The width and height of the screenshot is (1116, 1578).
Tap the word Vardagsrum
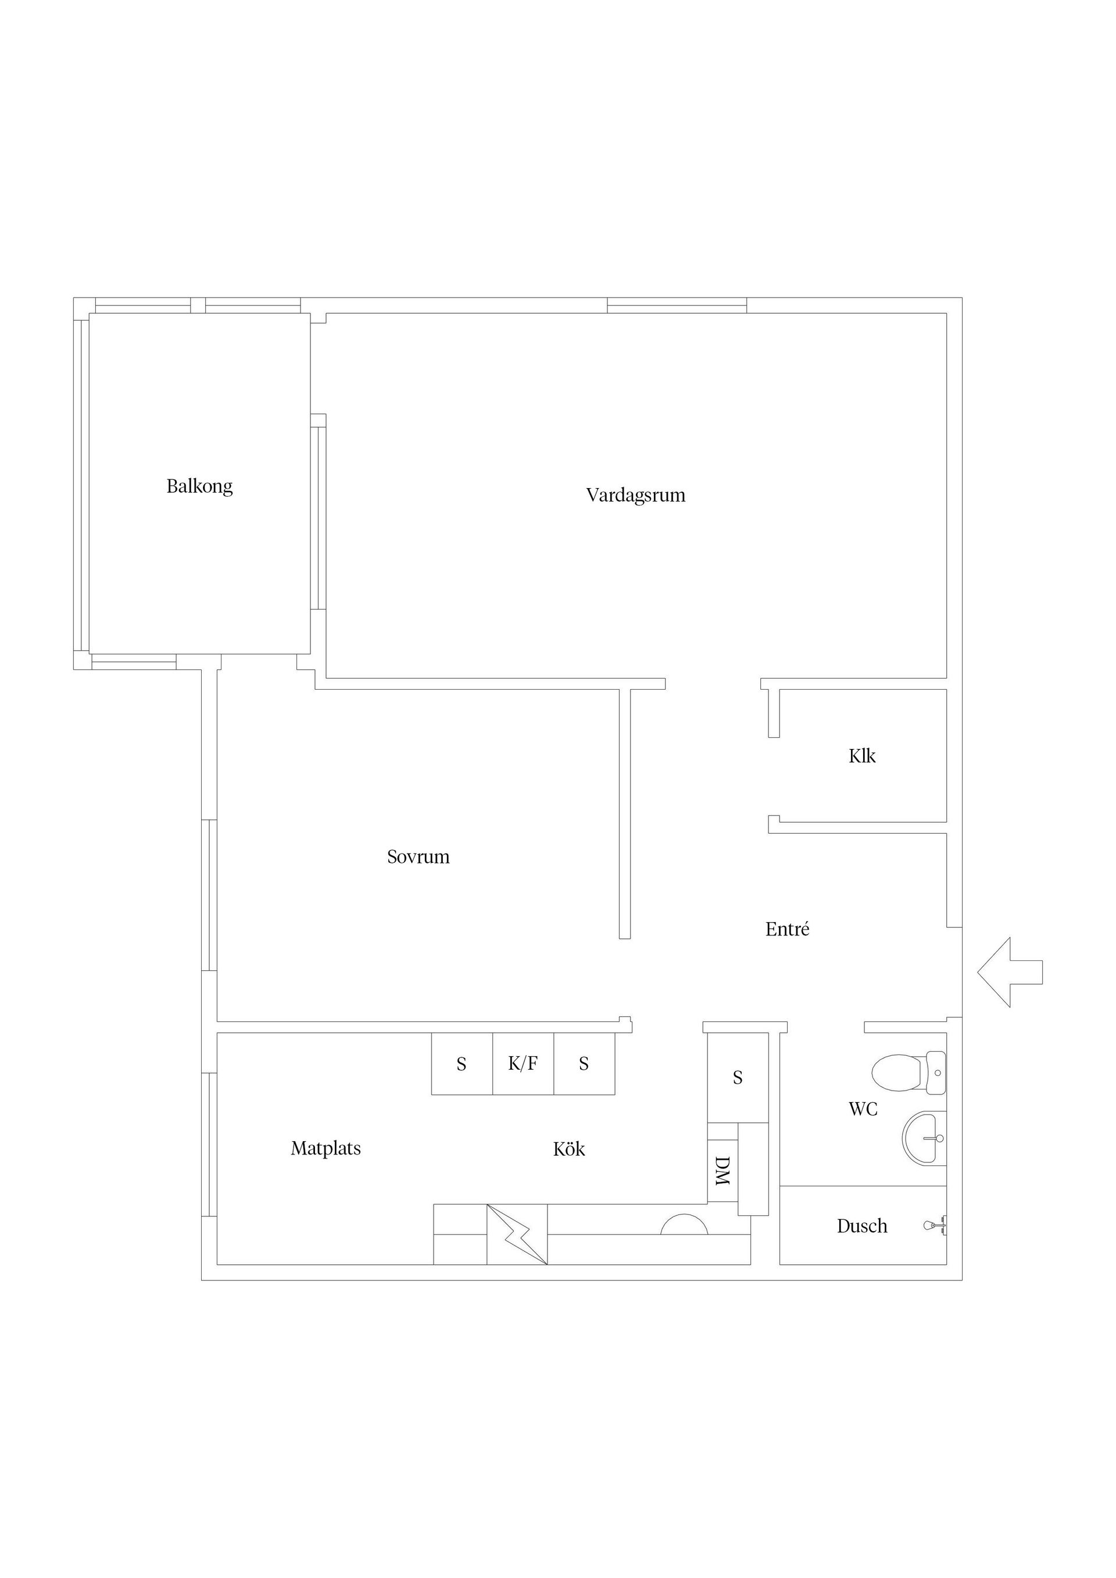(635, 496)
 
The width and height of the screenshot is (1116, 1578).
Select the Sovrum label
(418, 857)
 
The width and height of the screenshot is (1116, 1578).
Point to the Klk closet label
(861, 756)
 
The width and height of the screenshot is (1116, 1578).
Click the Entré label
(788, 929)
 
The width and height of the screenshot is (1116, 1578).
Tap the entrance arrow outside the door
(1010, 972)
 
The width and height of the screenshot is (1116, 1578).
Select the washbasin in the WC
(924, 1138)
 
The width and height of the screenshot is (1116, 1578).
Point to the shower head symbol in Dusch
(935, 1225)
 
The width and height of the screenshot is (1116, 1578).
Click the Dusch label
(861, 1226)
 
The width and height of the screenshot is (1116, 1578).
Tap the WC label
(863, 1109)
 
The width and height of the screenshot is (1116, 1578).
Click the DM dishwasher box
(722, 1162)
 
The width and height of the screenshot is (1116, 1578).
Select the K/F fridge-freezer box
(523, 1064)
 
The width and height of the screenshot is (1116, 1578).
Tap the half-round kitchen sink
(684, 1224)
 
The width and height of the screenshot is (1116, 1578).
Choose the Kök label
(568, 1149)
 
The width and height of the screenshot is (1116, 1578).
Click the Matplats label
(325, 1149)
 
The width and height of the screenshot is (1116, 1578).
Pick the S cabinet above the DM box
(738, 1078)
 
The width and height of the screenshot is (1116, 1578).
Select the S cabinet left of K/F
(462, 1064)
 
